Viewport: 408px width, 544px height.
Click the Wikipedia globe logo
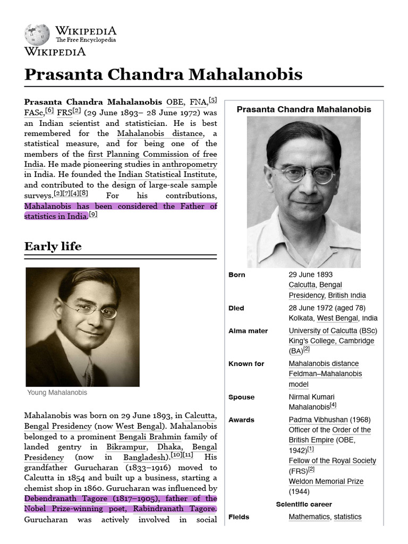pos(37,35)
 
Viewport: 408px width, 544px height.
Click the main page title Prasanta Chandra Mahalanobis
pos(163,74)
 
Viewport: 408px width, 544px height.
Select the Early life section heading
pos(53,246)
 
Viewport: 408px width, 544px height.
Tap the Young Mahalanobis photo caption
pos(57,393)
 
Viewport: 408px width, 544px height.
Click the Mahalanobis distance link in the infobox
pos(324,364)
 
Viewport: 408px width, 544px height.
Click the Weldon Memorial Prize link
pos(326,481)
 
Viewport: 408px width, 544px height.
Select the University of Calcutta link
pos(323,331)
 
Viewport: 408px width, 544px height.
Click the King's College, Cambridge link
pos(331,341)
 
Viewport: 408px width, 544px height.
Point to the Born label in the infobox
pos(237,275)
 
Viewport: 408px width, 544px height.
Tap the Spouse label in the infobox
pos(241,397)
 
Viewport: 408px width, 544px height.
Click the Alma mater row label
pos(248,331)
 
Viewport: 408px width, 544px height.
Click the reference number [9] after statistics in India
pos(93,215)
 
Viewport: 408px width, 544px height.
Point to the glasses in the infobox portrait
pos(303,174)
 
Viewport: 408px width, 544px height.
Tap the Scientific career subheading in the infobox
pos(303,504)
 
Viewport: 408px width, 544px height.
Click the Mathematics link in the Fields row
pos(309,517)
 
